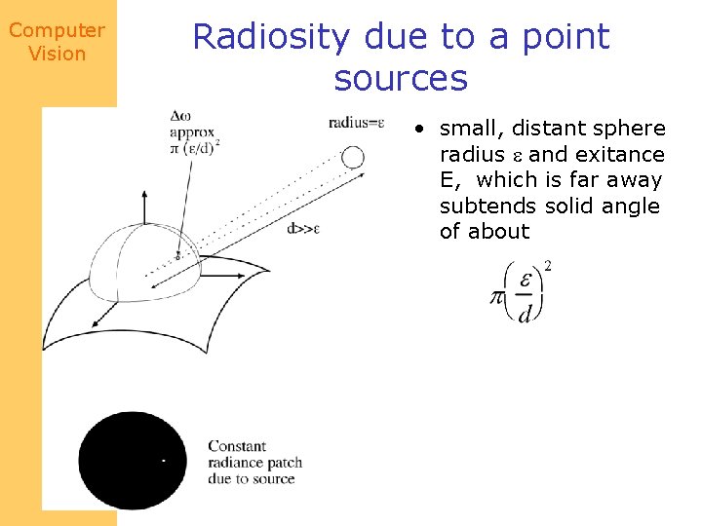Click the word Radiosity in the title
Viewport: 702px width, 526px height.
click(271, 37)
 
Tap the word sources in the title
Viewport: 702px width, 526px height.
click(401, 78)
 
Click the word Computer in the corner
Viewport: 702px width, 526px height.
click(57, 30)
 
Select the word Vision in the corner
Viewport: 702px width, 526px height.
click(58, 54)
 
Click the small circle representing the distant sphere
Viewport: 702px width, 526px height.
click(353, 157)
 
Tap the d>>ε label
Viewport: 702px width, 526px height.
click(304, 230)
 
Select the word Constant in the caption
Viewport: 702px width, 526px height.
click(237, 447)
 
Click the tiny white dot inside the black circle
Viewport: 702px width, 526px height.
click(163, 460)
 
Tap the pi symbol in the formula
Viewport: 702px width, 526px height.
click(497, 295)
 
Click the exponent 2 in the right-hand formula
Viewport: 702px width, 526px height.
click(548, 266)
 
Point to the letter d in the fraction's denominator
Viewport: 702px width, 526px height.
click(525, 314)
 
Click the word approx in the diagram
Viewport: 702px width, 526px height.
click(193, 131)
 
